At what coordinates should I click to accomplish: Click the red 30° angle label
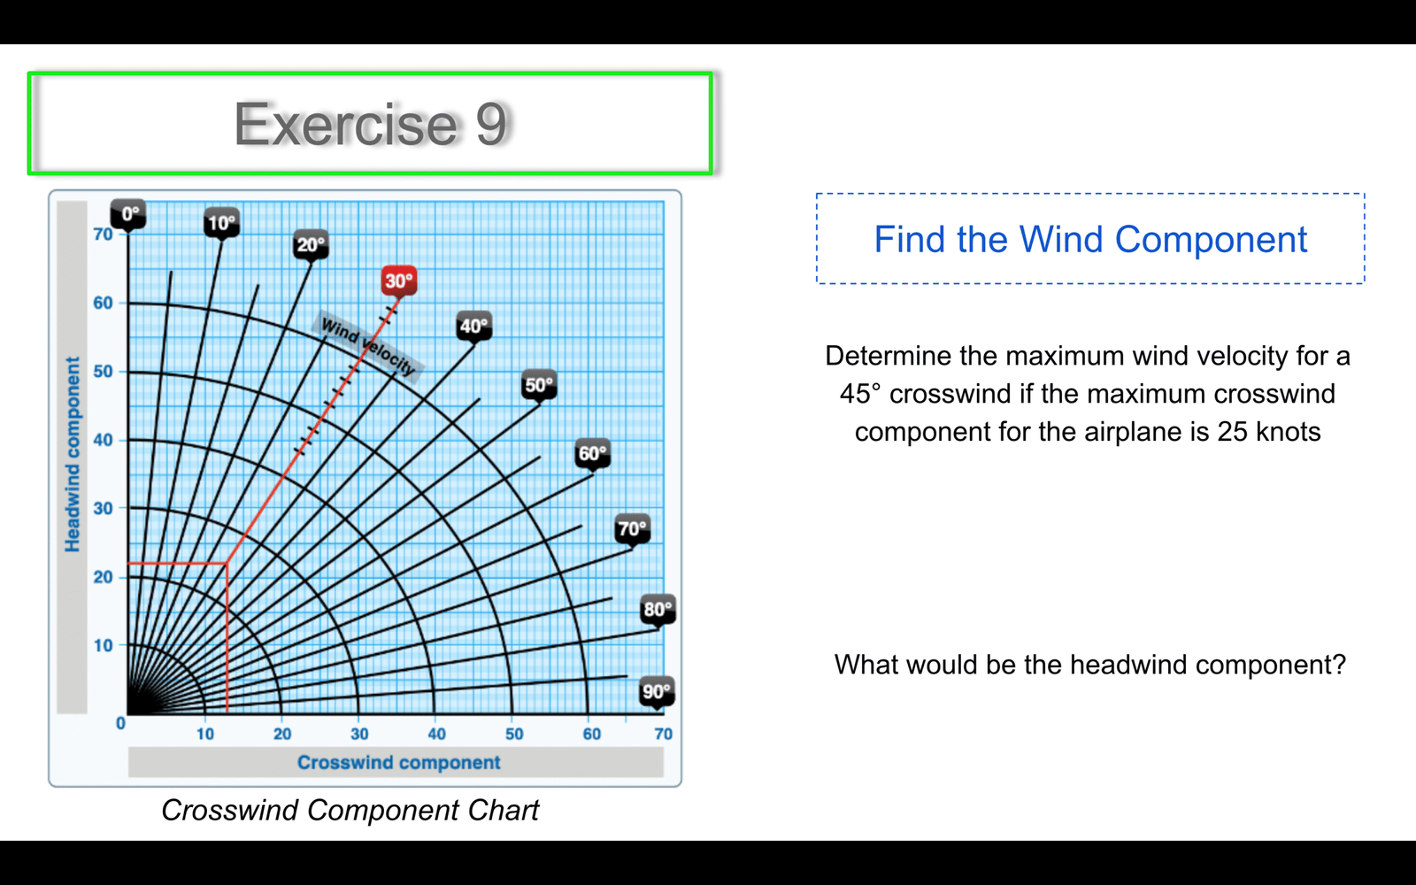pyautogui.click(x=399, y=281)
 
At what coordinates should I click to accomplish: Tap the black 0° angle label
pyautogui.click(x=128, y=213)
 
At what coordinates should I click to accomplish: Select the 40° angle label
pyautogui.click(x=474, y=327)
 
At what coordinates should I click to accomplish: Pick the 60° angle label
pyautogui.click(x=593, y=453)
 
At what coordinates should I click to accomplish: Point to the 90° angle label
pyautogui.click(x=657, y=691)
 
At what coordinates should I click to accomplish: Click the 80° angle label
pyautogui.click(x=658, y=610)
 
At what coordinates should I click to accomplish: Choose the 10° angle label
pyautogui.click(x=221, y=222)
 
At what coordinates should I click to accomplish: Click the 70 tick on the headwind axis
pyautogui.click(x=103, y=235)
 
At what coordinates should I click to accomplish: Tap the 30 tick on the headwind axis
pyautogui.click(x=103, y=508)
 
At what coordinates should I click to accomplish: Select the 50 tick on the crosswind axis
pyautogui.click(x=514, y=734)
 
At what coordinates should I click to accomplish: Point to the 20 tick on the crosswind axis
pyautogui.click(x=282, y=734)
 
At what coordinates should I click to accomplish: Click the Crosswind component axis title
pyautogui.click(x=399, y=762)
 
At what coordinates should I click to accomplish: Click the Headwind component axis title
pyautogui.click(x=73, y=454)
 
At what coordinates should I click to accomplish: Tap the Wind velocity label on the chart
pyautogui.click(x=368, y=346)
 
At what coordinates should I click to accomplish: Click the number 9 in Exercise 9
pyautogui.click(x=490, y=124)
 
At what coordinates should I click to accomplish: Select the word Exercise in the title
pyautogui.click(x=346, y=124)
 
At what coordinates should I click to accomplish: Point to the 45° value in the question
pyautogui.click(x=859, y=394)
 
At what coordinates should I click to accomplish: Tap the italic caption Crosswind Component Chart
pyautogui.click(x=350, y=811)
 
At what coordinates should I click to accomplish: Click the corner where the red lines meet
pyautogui.click(x=227, y=563)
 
